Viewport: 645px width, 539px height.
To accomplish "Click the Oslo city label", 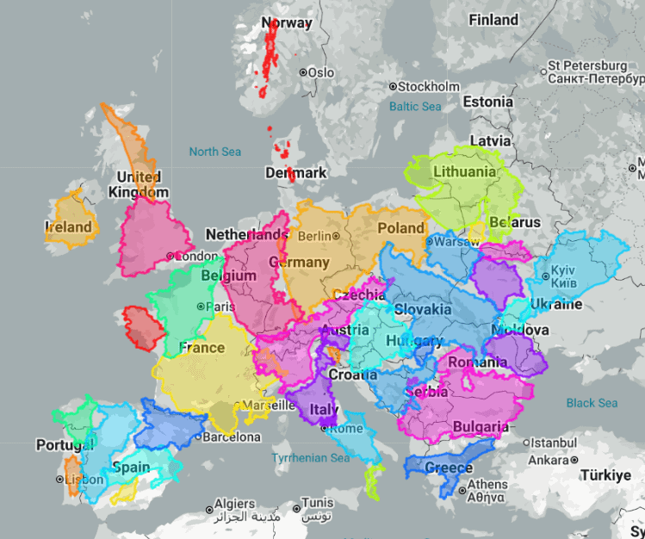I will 320,73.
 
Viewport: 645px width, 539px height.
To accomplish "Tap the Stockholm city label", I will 429,87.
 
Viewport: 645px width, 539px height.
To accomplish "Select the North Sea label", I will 214,152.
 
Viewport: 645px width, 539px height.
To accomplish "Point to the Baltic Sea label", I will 414,107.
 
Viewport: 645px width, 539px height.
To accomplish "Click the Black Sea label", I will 592,403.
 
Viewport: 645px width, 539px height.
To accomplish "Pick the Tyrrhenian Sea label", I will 311,458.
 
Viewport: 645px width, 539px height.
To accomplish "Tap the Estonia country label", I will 487,102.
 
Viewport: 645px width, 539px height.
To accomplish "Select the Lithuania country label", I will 465,171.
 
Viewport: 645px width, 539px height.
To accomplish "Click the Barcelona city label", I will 231,437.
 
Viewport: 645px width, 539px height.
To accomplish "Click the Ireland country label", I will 68,227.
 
